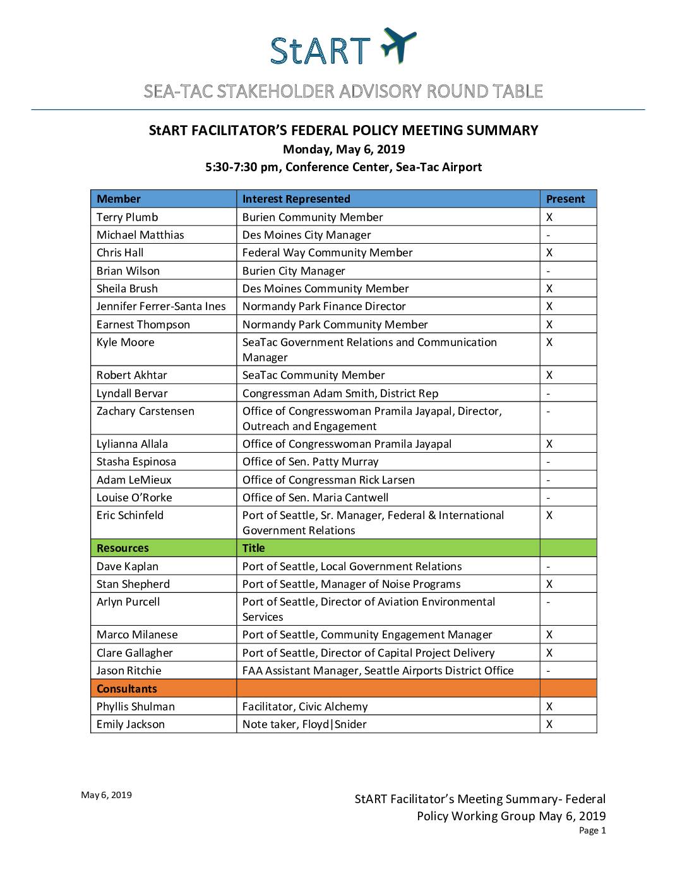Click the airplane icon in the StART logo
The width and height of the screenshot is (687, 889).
coord(398,45)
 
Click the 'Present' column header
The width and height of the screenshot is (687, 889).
coord(565,199)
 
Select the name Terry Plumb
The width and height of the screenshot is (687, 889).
coord(128,217)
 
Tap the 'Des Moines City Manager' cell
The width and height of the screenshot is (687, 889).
coord(306,235)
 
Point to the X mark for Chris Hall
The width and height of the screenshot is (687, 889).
coord(549,253)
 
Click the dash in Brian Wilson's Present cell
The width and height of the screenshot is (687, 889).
coord(548,271)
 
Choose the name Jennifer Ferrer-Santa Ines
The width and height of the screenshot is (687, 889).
coord(161,306)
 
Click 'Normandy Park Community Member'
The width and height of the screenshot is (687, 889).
coord(335,325)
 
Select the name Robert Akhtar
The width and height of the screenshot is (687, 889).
coord(132,375)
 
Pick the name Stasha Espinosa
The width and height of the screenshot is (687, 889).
coord(136,462)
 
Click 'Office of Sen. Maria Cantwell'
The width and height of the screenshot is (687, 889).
coord(315,498)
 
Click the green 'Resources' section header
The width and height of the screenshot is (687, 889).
coord(122,548)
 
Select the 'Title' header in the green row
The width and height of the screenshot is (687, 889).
coord(253,548)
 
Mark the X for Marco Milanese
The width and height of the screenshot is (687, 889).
coord(549,635)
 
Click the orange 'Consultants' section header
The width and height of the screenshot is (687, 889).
coord(127,689)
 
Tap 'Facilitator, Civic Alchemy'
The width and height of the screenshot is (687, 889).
coord(305,707)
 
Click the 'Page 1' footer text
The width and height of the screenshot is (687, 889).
coord(592,831)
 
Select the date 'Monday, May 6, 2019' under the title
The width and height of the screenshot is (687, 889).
coord(343,150)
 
